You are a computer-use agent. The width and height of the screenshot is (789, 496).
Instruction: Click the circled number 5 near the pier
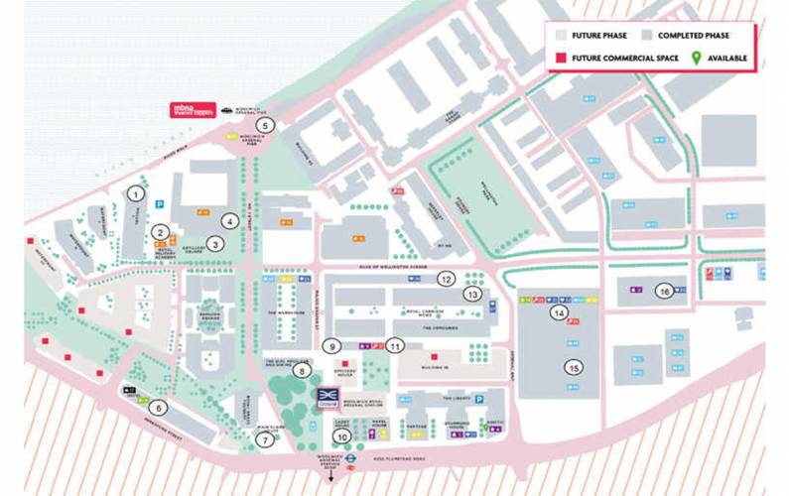point(264,125)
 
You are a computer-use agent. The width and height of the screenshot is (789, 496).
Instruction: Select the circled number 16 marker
point(665,290)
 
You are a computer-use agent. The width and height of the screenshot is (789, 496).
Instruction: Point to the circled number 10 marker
point(342,435)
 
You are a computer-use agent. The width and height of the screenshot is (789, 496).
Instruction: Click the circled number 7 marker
point(264,438)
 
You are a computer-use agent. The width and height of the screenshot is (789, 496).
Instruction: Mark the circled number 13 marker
point(473,294)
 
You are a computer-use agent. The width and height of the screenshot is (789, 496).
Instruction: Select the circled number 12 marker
point(446,279)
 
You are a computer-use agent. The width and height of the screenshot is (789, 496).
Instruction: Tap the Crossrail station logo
point(328,396)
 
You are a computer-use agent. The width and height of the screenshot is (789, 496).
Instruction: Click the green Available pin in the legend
point(696,58)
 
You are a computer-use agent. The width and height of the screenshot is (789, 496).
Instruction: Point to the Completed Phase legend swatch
point(647,34)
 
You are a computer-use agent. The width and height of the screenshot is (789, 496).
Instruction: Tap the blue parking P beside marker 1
point(159,203)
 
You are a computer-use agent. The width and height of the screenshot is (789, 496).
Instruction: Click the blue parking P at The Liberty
point(478,399)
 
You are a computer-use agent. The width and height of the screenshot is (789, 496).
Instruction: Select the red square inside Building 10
point(433,355)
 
